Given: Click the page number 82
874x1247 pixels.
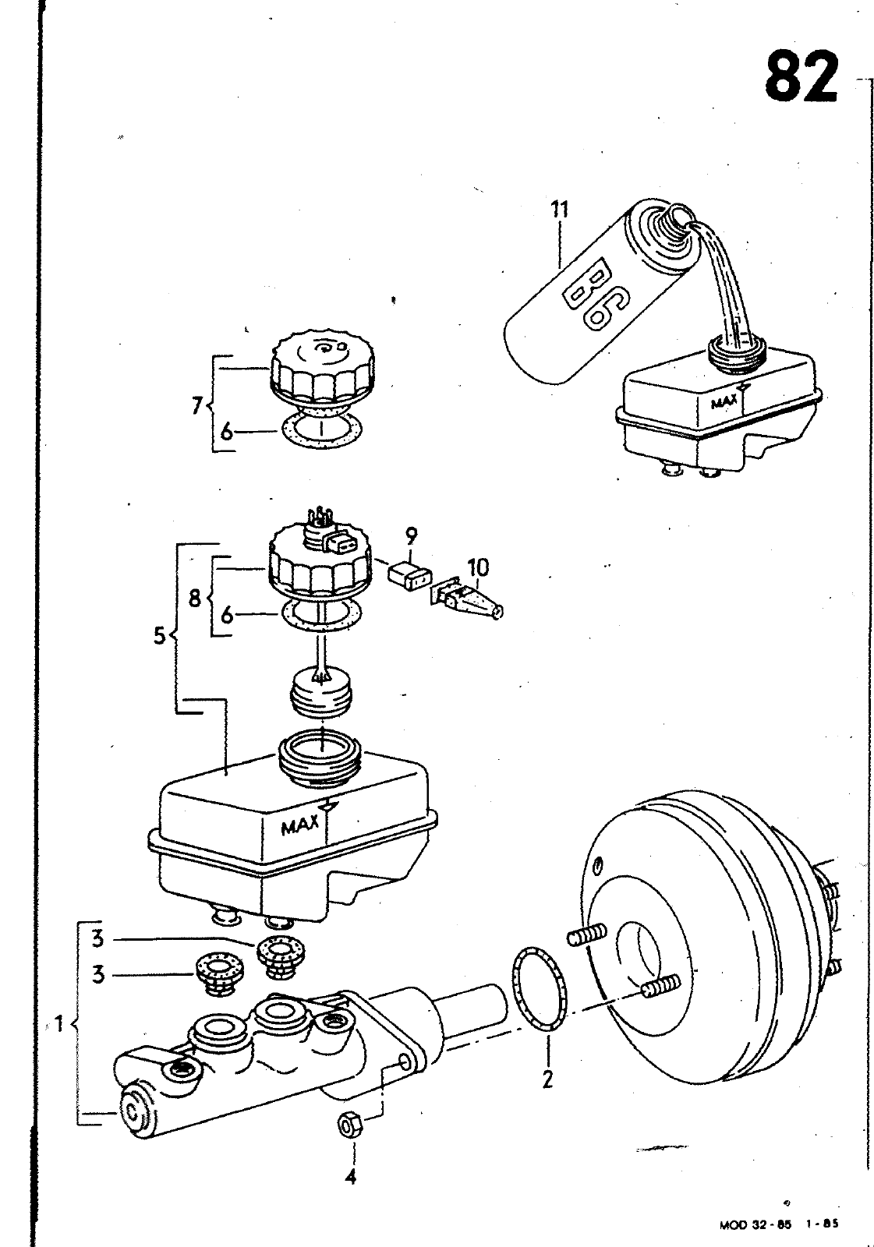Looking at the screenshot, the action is click(801, 76).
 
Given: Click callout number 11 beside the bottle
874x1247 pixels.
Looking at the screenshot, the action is click(560, 210).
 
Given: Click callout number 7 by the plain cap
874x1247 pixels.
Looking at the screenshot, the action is click(196, 406).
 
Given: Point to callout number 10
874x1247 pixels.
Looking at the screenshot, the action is click(478, 567).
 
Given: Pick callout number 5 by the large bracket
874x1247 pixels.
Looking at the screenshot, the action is click(160, 635).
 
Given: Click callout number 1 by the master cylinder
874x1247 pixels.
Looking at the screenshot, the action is click(56, 1022).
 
